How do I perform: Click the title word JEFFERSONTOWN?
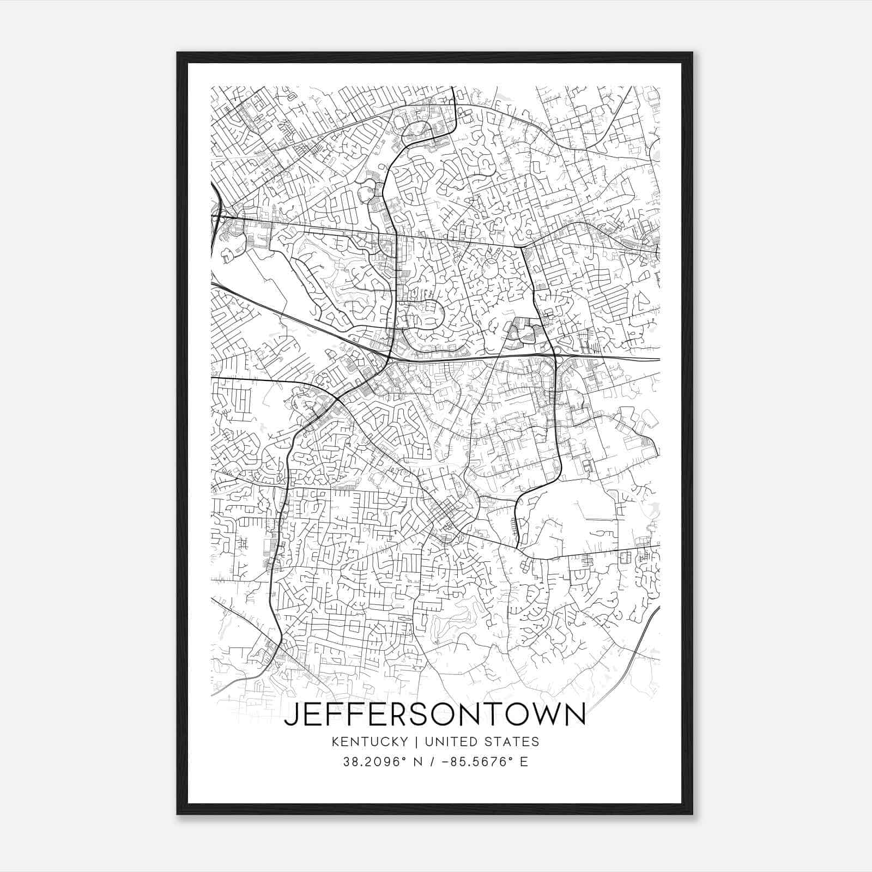[x=435, y=714]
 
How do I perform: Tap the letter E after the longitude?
[x=524, y=762]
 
